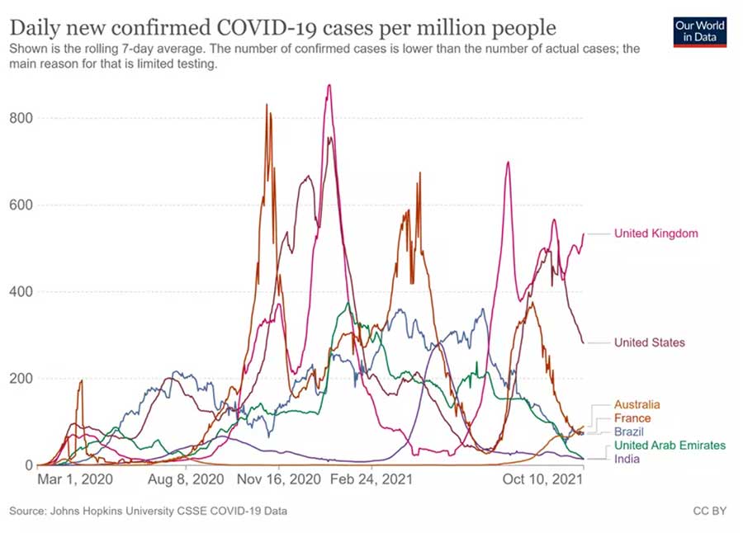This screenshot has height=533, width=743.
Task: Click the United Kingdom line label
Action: (655, 233)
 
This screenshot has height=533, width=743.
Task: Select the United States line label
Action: (649, 342)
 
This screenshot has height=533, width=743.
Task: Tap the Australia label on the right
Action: (637, 405)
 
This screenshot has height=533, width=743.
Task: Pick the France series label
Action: (632, 418)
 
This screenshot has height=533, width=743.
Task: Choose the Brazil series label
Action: (628, 432)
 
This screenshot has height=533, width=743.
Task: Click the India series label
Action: (627, 459)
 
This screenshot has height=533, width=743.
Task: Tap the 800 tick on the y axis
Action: (21, 118)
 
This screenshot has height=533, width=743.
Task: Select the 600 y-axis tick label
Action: (21, 205)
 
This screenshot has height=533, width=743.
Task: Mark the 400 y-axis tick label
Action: (21, 292)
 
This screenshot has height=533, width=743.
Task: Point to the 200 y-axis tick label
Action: (21, 379)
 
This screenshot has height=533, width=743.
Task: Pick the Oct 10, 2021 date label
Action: (542, 479)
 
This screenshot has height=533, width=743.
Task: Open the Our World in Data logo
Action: (699, 31)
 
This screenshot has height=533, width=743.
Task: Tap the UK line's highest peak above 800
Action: (329, 85)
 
